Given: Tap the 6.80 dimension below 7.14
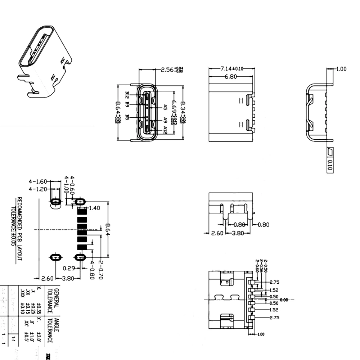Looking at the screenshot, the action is coord(231,77).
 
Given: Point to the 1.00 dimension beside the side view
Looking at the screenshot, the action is coord(341,69).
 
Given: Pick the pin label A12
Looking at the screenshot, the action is coord(165,130).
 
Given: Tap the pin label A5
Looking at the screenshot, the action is coord(165,107).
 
